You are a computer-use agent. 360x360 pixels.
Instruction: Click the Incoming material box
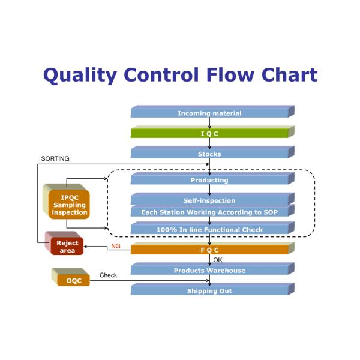[x=209, y=113]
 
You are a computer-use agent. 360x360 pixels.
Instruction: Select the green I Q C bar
[x=209, y=133]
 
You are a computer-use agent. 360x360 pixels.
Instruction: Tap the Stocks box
[x=209, y=154]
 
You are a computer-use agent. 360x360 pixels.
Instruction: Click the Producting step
[x=209, y=180]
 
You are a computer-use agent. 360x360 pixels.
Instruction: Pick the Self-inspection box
[x=209, y=200]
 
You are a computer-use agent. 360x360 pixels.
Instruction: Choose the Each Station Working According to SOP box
[x=209, y=212]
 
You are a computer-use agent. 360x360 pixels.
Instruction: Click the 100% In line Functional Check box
[x=209, y=229]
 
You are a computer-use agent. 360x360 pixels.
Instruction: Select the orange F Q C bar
[x=209, y=250]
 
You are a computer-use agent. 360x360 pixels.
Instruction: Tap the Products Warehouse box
[x=209, y=271]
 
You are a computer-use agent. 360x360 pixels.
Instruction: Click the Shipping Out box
[x=209, y=291]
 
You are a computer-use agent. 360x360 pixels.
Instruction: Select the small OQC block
[x=73, y=280]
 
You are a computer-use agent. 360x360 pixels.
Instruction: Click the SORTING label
[x=55, y=159]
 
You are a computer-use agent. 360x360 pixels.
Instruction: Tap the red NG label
[x=115, y=246]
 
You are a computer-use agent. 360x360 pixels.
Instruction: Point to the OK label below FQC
[x=218, y=260]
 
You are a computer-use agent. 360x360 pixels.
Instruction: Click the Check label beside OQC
[x=108, y=275]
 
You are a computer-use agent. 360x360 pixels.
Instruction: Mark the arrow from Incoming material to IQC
[x=209, y=123]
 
